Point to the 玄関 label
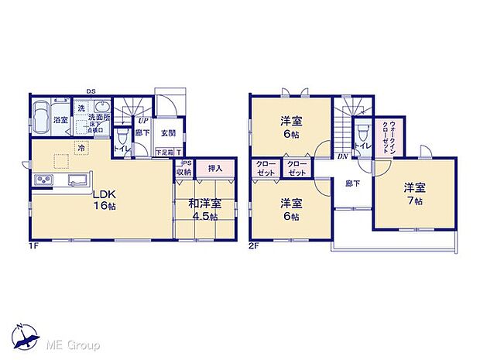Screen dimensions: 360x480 click(168, 132)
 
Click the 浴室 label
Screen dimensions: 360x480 click(60, 121)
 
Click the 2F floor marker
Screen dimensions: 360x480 click(255, 246)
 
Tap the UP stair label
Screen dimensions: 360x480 click(142, 121)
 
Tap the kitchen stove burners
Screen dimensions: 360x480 click(42, 181)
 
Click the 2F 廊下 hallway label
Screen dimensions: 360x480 click(351, 183)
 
